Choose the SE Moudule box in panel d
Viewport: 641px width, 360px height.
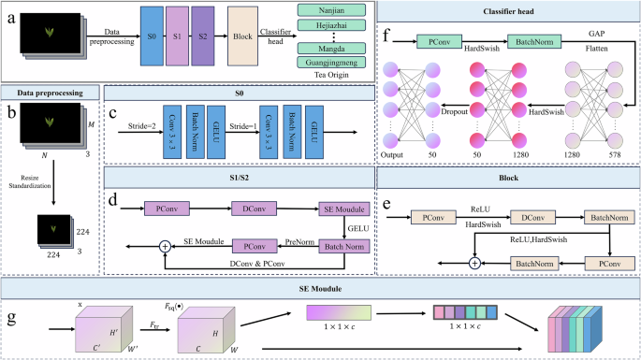click(x=344, y=208)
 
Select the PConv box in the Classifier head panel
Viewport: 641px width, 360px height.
click(x=444, y=41)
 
